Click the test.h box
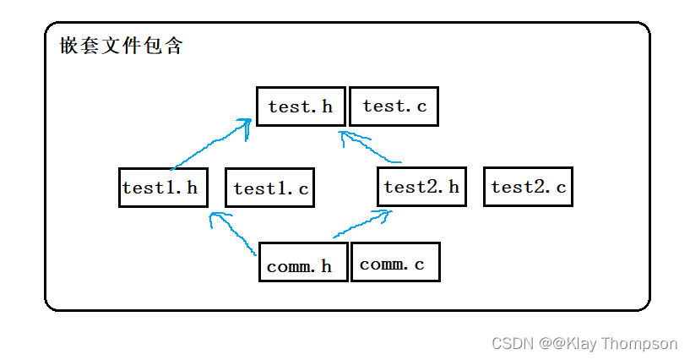click(x=301, y=106)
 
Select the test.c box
click(x=394, y=106)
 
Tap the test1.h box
click(x=163, y=187)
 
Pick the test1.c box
click(x=269, y=188)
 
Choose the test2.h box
click(x=421, y=187)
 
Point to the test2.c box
click(x=528, y=187)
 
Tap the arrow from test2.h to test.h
click(x=372, y=149)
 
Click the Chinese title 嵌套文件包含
click(x=122, y=46)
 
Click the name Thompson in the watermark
click(x=645, y=343)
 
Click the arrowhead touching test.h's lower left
click(x=244, y=125)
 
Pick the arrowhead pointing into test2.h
click(x=384, y=215)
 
